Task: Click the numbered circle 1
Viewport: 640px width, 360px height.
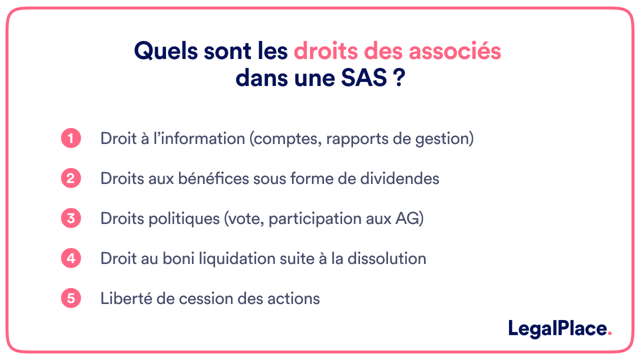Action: click(71, 138)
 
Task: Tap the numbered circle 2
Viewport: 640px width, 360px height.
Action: click(71, 178)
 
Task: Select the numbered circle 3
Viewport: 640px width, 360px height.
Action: click(71, 218)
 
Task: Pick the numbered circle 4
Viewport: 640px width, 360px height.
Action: click(71, 258)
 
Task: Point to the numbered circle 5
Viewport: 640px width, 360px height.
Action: click(71, 298)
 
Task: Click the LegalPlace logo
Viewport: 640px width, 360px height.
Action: click(559, 328)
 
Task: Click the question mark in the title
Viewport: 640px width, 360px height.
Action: click(399, 78)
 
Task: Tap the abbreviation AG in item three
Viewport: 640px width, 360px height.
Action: click(410, 218)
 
